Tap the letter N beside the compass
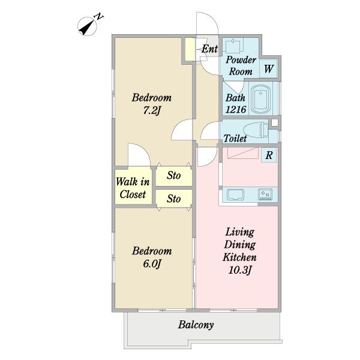pyautogui.click(x=99, y=17)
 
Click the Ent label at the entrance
pyautogui.click(x=209, y=49)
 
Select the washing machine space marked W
pyautogui.click(x=269, y=68)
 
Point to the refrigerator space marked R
pyautogui.click(x=269, y=155)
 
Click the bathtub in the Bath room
pyautogui.click(x=261, y=99)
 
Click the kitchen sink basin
pyautogui.click(x=235, y=194)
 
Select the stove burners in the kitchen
pyautogui.click(x=265, y=194)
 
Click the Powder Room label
pyautogui.click(x=241, y=65)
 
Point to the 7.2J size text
pyautogui.click(x=152, y=110)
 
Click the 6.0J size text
pyautogui.click(x=152, y=263)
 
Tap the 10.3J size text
pyautogui.click(x=240, y=270)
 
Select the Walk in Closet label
pyautogui.click(x=133, y=188)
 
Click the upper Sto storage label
pyautogui.click(x=174, y=176)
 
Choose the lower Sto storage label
pyautogui.click(x=174, y=199)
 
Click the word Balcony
pyautogui.click(x=196, y=325)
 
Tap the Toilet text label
pyautogui.click(x=235, y=139)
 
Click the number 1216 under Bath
pyautogui.click(x=236, y=110)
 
